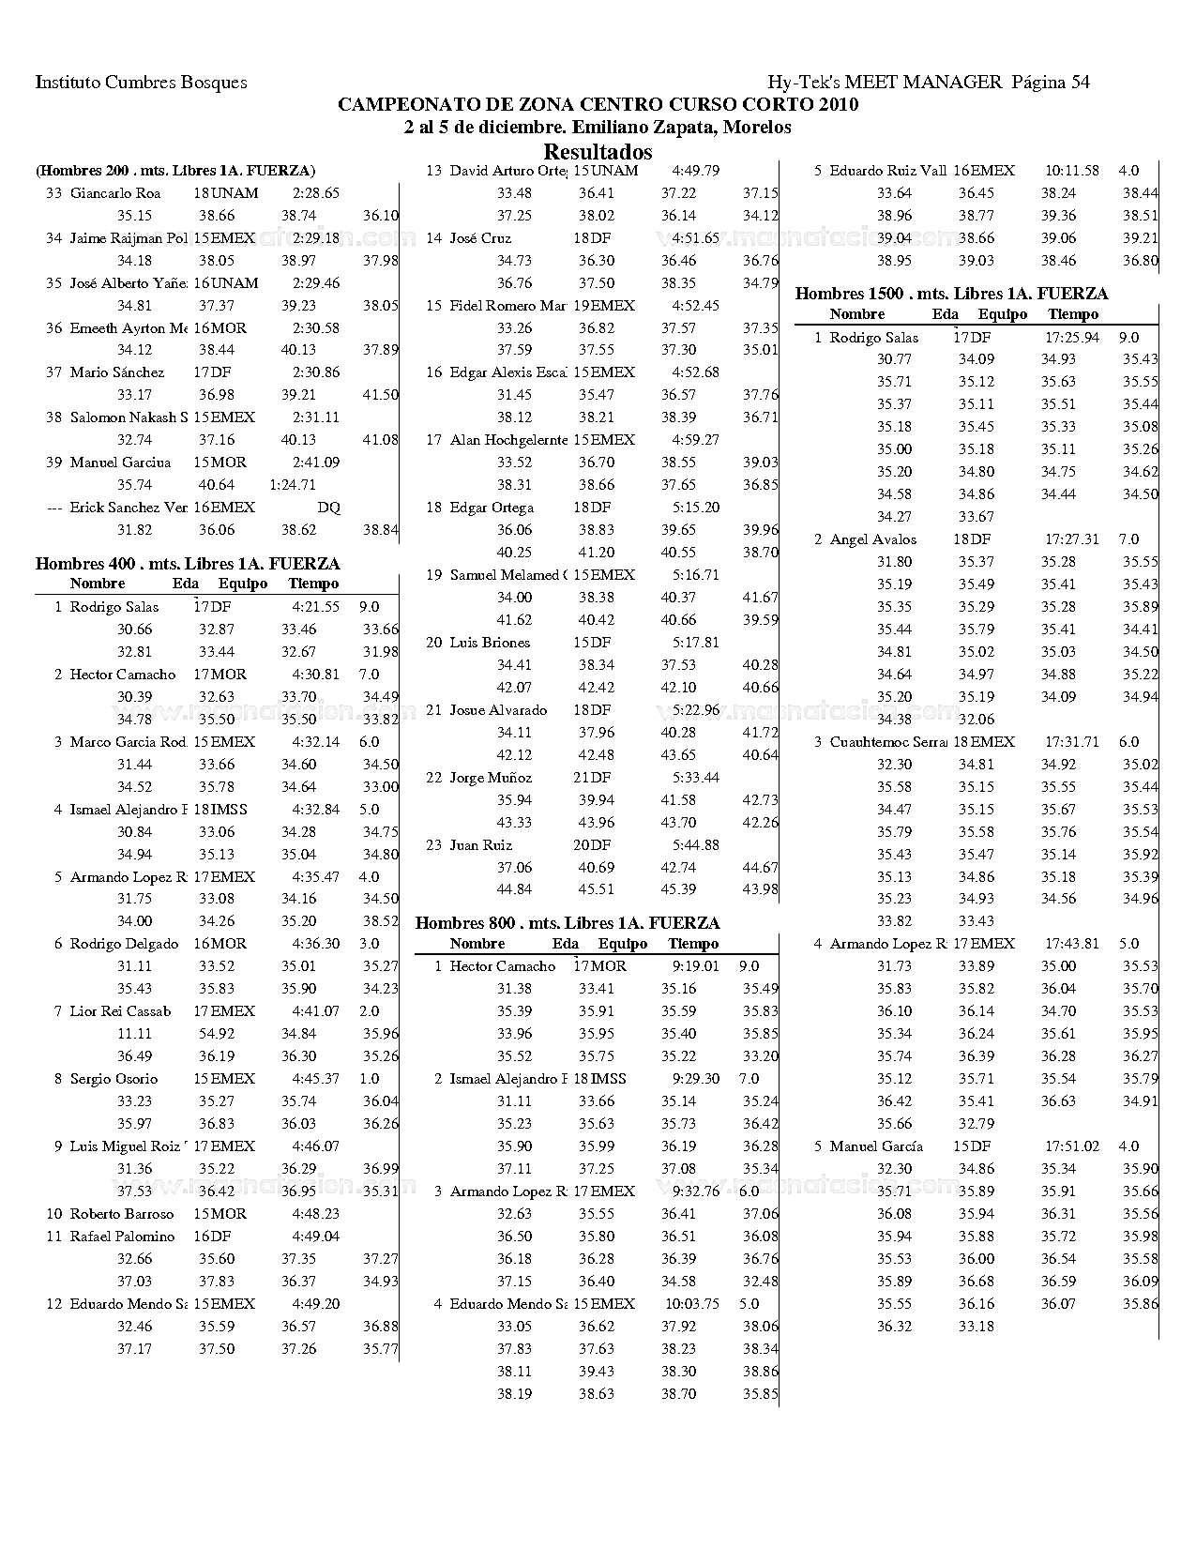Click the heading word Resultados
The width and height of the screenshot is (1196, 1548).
coord(598,151)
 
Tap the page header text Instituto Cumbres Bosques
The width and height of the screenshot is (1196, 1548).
coord(142,83)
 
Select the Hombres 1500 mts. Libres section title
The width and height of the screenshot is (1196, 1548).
coord(951,294)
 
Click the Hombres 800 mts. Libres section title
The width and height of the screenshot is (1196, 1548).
coord(568,923)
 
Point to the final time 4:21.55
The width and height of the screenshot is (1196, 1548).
coord(315,607)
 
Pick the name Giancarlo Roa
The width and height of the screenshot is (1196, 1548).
coord(114,193)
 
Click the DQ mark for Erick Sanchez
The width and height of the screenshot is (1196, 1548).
coord(328,508)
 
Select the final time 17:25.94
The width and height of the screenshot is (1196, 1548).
coord(1071,337)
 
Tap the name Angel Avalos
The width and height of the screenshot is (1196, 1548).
coord(872,539)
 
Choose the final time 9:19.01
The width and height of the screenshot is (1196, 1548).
coord(695,966)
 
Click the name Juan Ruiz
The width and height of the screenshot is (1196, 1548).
coord(481,845)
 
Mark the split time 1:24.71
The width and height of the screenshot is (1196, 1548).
coord(292,485)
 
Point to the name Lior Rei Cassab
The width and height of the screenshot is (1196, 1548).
coord(120,1011)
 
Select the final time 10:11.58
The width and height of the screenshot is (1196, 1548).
coord(1071,171)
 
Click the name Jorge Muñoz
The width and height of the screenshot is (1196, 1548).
coord(491,778)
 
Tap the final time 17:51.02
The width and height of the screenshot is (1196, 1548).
coord(1071,1146)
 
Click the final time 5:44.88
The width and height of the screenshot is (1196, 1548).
coord(695,845)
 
